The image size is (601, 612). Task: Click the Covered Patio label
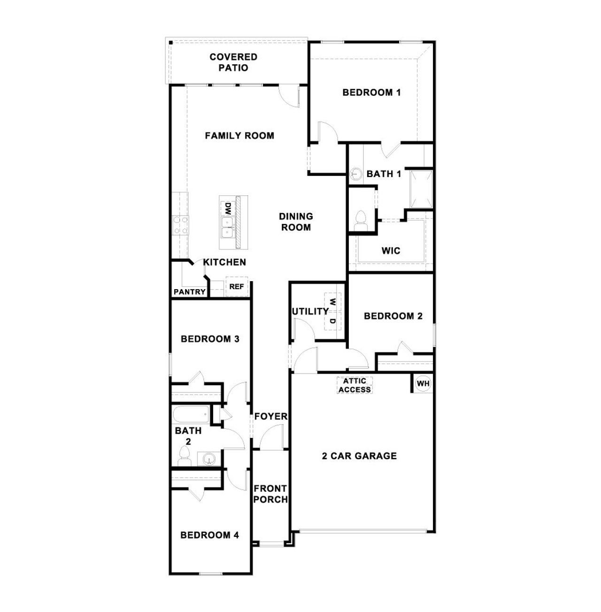point(233,62)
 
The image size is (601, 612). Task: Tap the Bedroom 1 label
point(371,92)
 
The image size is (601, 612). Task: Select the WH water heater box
point(423,383)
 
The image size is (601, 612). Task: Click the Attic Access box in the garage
point(355,385)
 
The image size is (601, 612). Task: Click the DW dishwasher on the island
point(227,208)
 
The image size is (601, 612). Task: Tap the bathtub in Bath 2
point(190,414)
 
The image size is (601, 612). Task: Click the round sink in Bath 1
point(355,174)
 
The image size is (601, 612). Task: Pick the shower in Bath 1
point(421,190)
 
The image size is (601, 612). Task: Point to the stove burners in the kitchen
point(180,225)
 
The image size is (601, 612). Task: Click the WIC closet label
point(391,251)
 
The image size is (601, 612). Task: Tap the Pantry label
point(189,292)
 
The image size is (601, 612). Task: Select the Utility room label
point(310,311)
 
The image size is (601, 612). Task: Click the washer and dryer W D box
point(332,311)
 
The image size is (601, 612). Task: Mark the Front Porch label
point(270,494)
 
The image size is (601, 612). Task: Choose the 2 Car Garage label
point(359,456)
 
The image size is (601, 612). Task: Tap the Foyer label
point(270,416)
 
